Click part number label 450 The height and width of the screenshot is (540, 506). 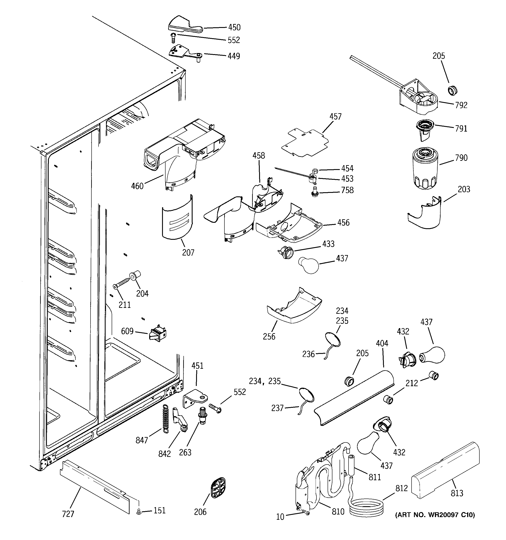pyautogui.click(x=234, y=27)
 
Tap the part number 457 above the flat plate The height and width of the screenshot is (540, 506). pyautogui.click(x=335, y=117)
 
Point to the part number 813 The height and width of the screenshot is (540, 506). pyautogui.click(x=457, y=493)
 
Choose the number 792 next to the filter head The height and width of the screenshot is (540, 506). pyautogui.click(x=461, y=105)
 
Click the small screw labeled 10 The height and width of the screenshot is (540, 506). pyautogui.click(x=306, y=512)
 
